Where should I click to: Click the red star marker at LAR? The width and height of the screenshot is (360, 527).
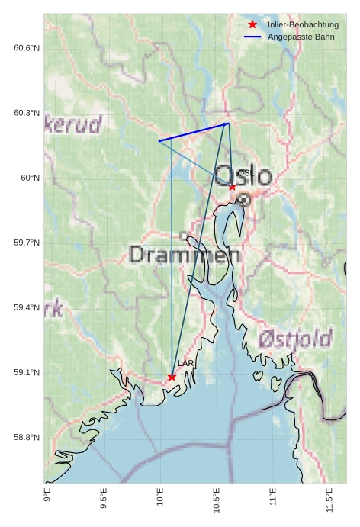click(172, 377)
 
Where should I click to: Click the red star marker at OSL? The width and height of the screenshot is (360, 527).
click(233, 186)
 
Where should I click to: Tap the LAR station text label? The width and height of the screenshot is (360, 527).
click(186, 364)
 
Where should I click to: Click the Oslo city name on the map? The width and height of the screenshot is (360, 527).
click(243, 176)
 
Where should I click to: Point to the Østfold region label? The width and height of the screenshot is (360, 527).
click(295, 338)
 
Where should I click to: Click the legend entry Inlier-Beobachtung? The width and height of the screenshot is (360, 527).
click(303, 25)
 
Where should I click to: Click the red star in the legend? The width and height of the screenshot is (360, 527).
click(252, 25)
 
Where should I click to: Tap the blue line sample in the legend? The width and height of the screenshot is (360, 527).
click(252, 37)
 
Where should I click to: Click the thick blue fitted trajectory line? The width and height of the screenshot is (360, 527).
click(194, 132)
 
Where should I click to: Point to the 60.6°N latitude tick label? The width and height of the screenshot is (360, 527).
click(27, 48)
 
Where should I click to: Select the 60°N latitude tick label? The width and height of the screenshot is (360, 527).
click(31, 178)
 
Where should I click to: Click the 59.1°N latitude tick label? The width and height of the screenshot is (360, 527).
click(27, 372)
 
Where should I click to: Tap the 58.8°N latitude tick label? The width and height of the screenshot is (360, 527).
click(27, 437)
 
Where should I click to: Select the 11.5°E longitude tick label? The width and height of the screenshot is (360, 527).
click(329, 500)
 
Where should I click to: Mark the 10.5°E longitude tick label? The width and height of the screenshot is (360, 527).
click(217, 500)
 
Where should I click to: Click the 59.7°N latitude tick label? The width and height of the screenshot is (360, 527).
click(27, 243)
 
